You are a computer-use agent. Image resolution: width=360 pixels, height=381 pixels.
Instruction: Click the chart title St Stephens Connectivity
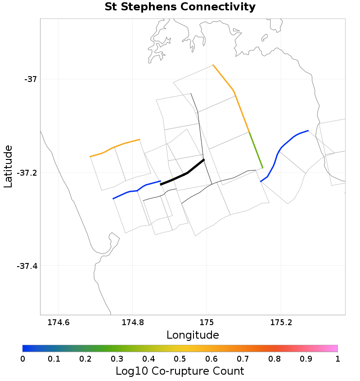pyautogui.click(x=180, y=7)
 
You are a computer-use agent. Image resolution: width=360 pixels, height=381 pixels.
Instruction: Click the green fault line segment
pyautogui.click(x=256, y=150)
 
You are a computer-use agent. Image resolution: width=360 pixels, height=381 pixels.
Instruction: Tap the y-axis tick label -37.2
pyautogui.click(x=27, y=172)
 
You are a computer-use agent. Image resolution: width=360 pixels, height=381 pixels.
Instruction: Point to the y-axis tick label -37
pyautogui.click(x=30, y=79)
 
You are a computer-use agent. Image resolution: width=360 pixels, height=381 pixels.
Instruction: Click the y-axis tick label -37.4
pyautogui.click(x=27, y=266)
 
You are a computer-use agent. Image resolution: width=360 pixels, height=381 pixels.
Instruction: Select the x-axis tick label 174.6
pyautogui.click(x=58, y=322)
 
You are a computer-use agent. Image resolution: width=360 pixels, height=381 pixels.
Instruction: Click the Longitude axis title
pyautogui.click(x=193, y=335)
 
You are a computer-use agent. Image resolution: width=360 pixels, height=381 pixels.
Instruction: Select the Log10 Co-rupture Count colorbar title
pyautogui.click(x=180, y=371)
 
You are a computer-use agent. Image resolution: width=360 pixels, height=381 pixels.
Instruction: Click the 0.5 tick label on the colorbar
pyautogui.click(x=180, y=358)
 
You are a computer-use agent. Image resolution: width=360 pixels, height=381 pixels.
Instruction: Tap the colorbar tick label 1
pyautogui.click(x=337, y=358)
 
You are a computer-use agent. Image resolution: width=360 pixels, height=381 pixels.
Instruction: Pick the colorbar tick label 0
pyautogui.click(x=22, y=358)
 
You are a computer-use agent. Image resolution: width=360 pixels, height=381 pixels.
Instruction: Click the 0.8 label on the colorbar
pyautogui.click(x=274, y=358)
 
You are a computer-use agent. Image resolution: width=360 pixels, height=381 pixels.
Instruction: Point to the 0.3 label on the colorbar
pyautogui.click(x=117, y=358)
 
